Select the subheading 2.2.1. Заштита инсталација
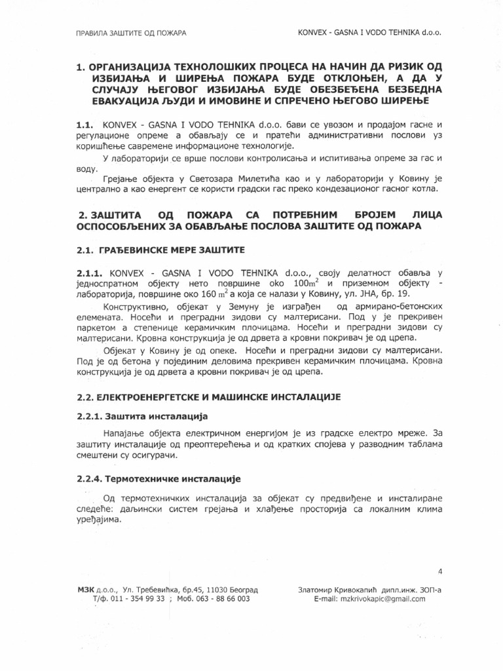pos(142,416)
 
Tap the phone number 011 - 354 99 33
pos(135,599)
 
